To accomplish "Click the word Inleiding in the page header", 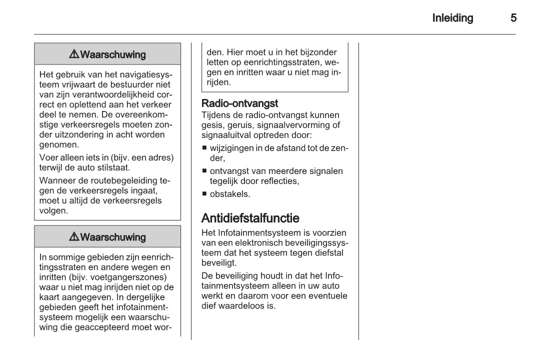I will (452, 18).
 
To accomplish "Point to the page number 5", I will (513, 18).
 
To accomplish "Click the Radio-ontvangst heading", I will (239, 103).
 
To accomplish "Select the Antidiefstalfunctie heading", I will (250, 218).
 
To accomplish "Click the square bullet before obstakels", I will (204, 193).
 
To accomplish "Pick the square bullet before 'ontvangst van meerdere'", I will (204, 171).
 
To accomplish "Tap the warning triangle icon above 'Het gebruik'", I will (74, 54).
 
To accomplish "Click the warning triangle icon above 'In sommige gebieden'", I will (74, 237).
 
